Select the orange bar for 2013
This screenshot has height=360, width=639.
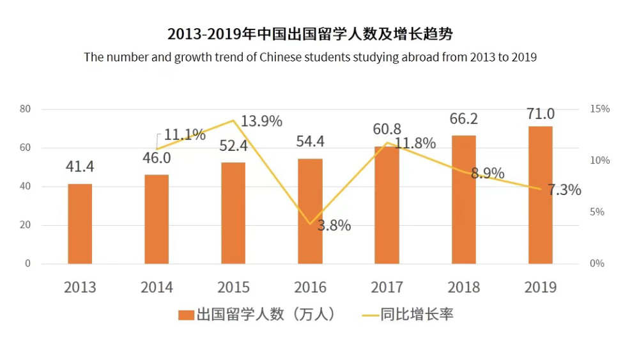coord(80,224)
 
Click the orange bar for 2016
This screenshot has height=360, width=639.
coord(310,211)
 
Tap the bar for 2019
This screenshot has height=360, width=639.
coord(540,195)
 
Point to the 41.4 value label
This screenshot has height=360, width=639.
coord(80,167)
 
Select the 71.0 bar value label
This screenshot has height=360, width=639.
coord(540,114)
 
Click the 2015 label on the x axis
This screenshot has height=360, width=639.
coord(233,286)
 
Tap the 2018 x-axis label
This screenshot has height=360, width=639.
coord(463,286)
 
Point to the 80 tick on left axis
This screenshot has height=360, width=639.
coord(26,109)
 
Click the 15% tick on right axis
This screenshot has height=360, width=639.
coord(599,109)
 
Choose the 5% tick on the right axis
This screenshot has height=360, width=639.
coord(597,212)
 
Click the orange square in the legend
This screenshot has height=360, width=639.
coord(186,315)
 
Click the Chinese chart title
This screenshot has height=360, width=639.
coord(310,34)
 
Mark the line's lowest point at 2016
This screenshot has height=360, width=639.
coord(310,224)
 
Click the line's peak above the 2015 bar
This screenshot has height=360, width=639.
coord(233,120)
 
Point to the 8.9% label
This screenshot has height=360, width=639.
coord(488,173)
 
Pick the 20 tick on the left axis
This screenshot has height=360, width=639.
coord(26,225)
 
